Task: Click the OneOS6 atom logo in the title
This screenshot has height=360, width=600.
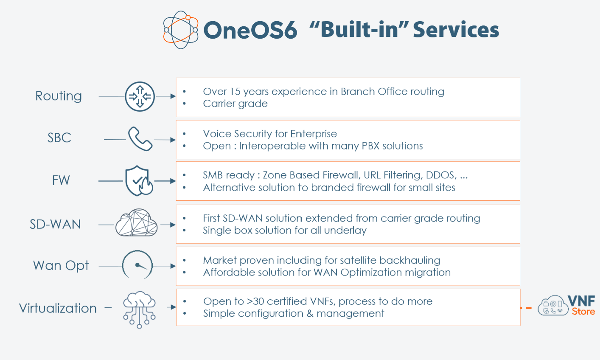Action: pos(181,30)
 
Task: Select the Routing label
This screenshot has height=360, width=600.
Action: pos(59,96)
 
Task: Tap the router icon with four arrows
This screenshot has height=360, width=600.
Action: pos(140,96)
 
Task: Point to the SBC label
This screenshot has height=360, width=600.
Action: pos(59,138)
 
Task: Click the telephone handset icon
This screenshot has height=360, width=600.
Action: pos(140,138)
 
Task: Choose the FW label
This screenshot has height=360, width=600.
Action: pos(61,180)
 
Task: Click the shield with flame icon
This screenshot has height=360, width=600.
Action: pos(139,181)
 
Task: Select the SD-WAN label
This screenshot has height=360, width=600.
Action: pos(55,224)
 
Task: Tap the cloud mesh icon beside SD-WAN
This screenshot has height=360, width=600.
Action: pos(136,222)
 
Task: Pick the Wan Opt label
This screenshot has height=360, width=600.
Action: pos(61,266)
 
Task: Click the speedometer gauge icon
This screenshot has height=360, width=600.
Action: pos(137,264)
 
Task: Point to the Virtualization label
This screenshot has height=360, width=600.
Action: pos(58,308)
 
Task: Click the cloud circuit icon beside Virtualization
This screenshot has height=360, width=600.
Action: pos(139,309)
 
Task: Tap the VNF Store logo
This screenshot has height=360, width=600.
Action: pos(566,305)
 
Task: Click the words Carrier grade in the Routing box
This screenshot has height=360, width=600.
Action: pos(235,104)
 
